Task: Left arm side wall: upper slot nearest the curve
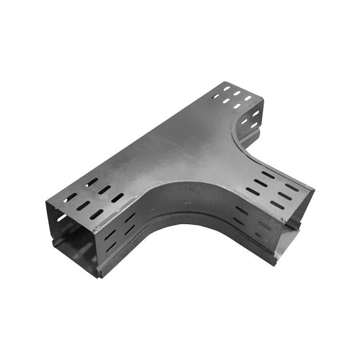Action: pyautogui.click(x=130, y=217)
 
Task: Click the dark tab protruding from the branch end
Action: pyautogui.click(x=294, y=223)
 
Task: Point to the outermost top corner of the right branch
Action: pyautogui.click(x=314, y=190)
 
